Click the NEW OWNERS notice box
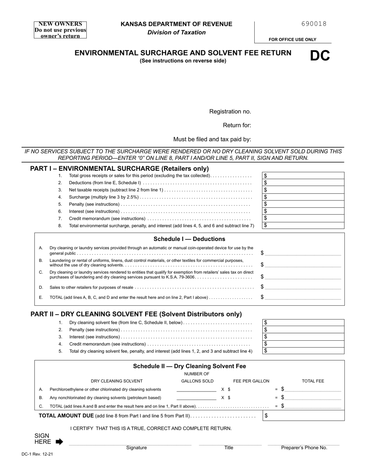click(x=60, y=30)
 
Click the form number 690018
click(x=314, y=24)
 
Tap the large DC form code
click(x=320, y=56)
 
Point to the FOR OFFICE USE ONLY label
click(x=292, y=40)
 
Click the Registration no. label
click(x=230, y=112)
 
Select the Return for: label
click(x=237, y=125)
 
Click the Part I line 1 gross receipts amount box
click(x=303, y=176)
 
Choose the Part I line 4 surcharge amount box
click(x=303, y=197)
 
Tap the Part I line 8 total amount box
click(x=303, y=225)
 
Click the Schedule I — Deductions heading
click(x=189, y=239)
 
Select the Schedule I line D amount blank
click(x=303, y=287)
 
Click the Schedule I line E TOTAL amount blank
click(x=303, y=297)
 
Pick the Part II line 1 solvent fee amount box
click(x=303, y=323)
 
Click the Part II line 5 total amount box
click(x=303, y=351)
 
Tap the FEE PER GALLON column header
click(x=251, y=381)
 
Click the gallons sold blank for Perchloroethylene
click(x=196, y=389)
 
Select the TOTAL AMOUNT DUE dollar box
click(x=303, y=416)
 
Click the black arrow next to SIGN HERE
click(x=59, y=442)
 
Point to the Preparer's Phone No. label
click(x=304, y=448)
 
